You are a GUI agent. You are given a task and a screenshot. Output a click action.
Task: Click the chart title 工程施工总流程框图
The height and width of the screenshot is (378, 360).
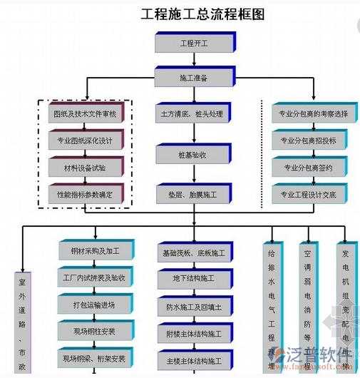pyautogui.click(x=193, y=14)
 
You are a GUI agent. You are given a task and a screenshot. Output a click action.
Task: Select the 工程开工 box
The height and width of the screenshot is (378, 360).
pyautogui.click(x=194, y=44)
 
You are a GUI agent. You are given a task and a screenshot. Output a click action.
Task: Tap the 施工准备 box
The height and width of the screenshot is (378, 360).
pyautogui.click(x=194, y=76)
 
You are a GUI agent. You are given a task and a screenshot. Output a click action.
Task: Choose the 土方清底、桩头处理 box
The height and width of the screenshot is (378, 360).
pyautogui.click(x=191, y=113)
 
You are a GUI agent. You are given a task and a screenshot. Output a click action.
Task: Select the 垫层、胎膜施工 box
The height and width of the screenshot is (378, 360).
pyautogui.click(x=192, y=194)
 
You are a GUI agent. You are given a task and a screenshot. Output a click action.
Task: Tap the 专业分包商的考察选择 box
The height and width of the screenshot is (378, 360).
pyautogui.click(x=312, y=113)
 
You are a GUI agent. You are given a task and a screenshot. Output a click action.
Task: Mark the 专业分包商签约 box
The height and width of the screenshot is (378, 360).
pyautogui.click(x=312, y=168)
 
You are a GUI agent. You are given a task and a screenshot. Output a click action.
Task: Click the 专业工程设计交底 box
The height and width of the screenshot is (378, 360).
pyautogui.click(x=312, y=194)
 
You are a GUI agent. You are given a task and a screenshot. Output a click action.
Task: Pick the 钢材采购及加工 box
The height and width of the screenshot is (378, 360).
pyautogui.click(x=95, y=251)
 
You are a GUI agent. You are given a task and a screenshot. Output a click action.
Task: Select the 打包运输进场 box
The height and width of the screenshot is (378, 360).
pyautogui.click(x=95, y=305)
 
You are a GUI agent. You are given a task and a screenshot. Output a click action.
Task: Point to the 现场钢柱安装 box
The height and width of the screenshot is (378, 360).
pyautogui.click(x=95, y=332)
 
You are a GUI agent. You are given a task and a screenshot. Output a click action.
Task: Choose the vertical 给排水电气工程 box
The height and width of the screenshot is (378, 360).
pyautogui.click(x=271, y=307)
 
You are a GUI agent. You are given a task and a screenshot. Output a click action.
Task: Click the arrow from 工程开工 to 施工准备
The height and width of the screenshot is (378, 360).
pyautogui.click(x=194, y=60)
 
